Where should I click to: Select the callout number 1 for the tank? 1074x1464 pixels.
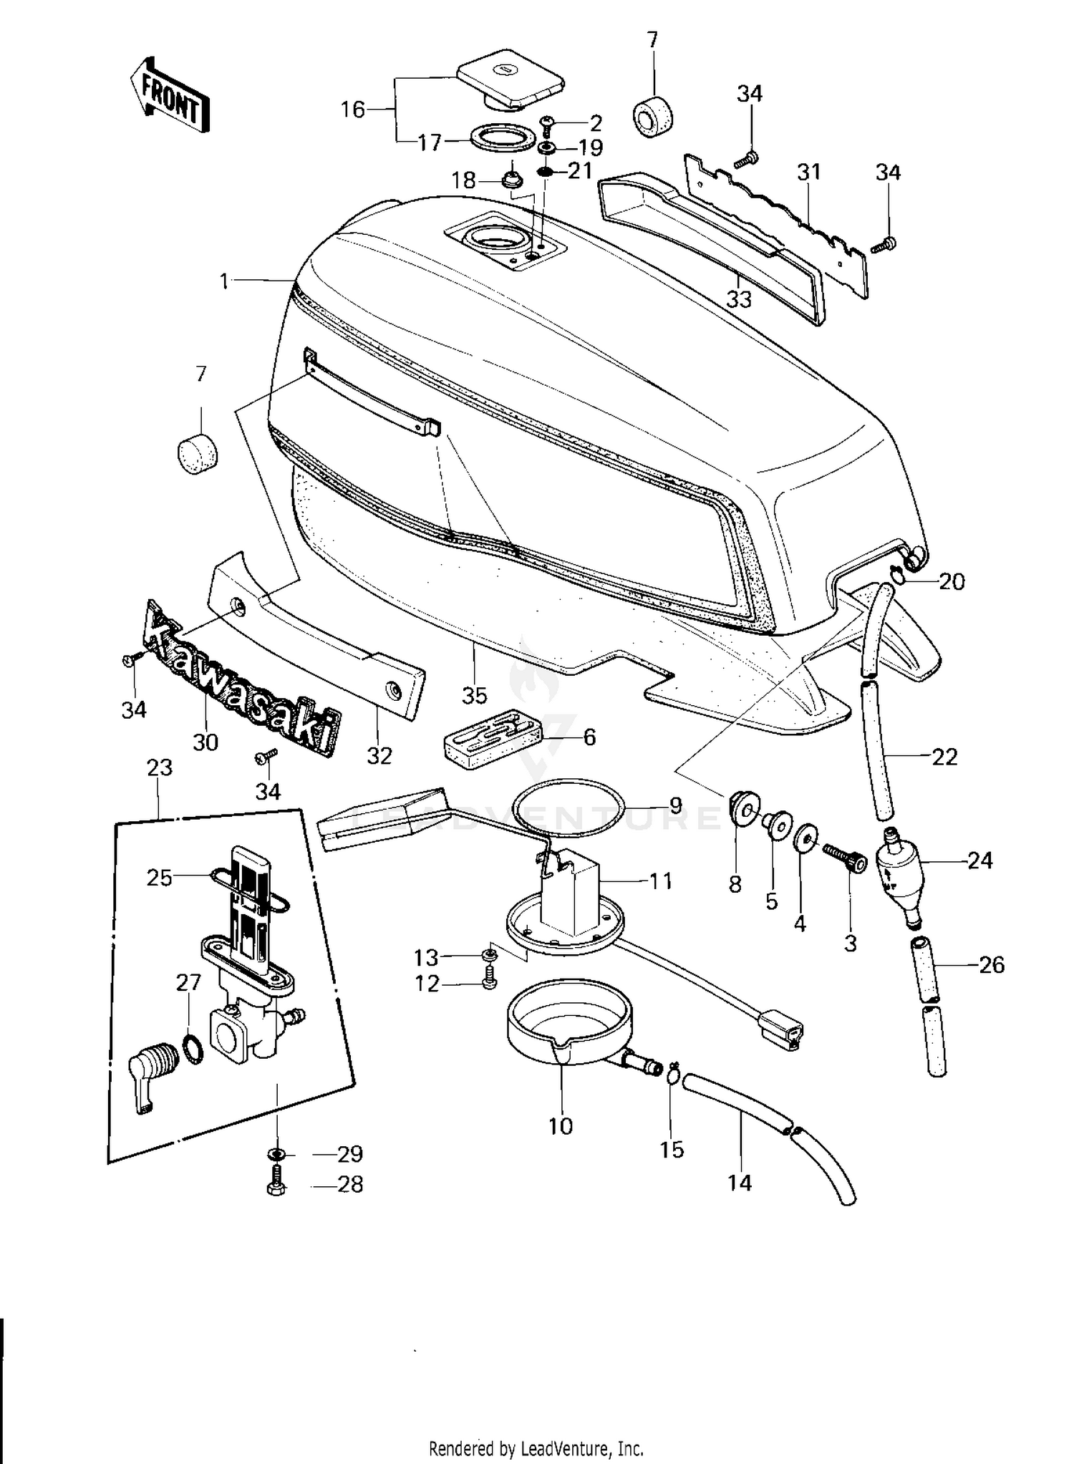tap(224, 281)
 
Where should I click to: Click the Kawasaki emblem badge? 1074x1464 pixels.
tap(241, 677)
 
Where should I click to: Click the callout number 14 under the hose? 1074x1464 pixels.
tap(740, 1183)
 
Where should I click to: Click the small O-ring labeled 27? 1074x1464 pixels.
tap(193, 1049)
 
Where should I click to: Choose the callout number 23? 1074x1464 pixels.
tap(160, 767)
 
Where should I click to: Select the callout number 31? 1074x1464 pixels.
tap(808, 173)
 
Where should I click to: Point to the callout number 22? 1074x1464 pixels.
tap(944, 756)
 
